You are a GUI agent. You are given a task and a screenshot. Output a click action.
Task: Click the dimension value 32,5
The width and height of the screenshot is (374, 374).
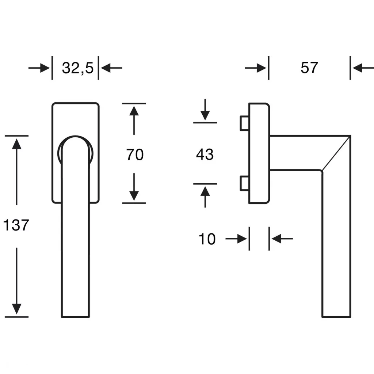click(x=78, y=68)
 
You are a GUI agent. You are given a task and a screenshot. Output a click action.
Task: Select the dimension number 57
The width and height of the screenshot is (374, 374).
click(x=309, y=68)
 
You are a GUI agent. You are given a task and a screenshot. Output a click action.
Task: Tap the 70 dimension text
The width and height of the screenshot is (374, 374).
click(x=135, y=154)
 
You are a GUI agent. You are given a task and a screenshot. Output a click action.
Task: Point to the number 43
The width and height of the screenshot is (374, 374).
click(x=205, y=154)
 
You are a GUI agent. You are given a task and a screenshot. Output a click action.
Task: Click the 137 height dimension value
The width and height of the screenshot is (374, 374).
click(x=16, y=225)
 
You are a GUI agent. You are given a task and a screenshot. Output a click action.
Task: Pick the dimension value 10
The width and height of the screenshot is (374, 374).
click(x=207, y=239)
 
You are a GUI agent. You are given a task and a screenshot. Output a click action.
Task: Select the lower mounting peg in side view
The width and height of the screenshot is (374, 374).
click(x=244, y=183)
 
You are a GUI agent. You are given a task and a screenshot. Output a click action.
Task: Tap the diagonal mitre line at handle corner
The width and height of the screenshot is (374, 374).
click(x=336, y=153)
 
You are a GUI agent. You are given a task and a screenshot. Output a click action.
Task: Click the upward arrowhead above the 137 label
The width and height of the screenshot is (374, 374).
click(x=16, y=144)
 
